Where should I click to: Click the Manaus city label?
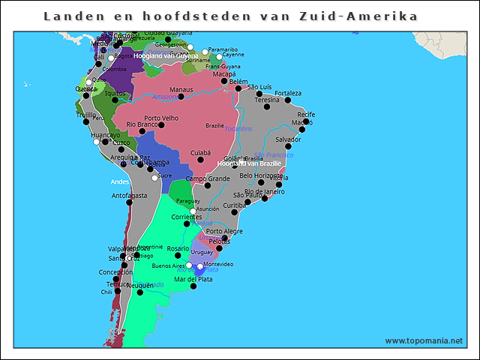point(181,90)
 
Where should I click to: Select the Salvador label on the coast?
point(288,139)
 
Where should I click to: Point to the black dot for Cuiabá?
point(200,160)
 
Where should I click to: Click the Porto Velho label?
point(161,118)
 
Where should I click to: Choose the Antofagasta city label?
point(129,195)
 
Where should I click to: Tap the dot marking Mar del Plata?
point(193,286)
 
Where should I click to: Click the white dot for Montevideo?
point(200,266)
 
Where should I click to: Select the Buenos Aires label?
point(167,265)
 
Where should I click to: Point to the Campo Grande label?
point(208,178)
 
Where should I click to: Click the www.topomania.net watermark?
point(424,340)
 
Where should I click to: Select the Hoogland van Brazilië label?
point(249,163)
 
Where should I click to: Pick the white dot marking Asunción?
point(194,210)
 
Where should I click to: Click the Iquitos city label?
point(115,93)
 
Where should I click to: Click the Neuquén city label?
point(140,285)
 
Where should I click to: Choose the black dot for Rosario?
point(178,256)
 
